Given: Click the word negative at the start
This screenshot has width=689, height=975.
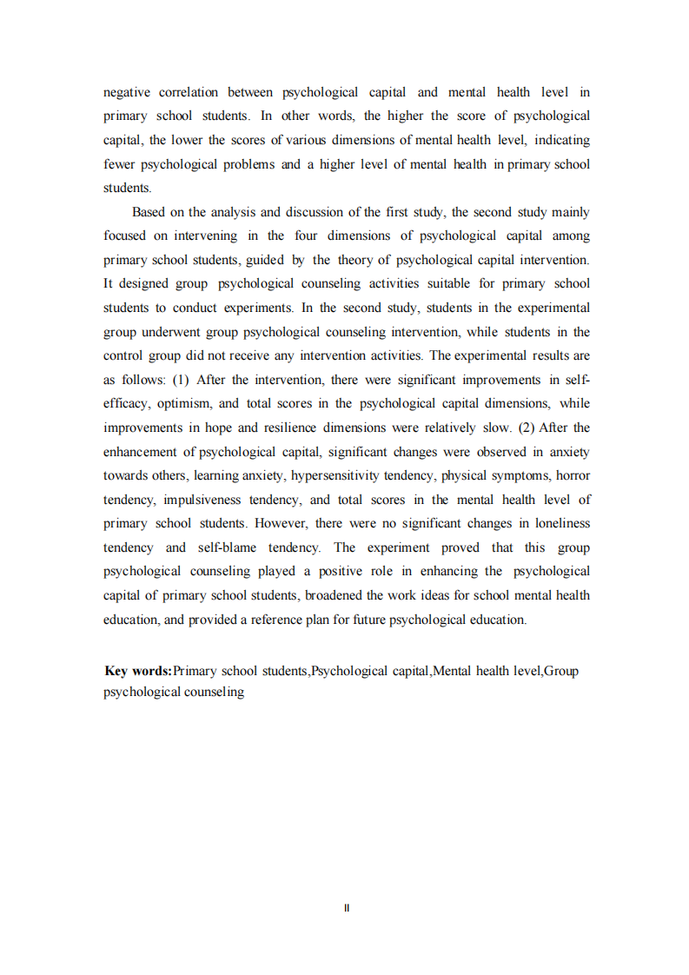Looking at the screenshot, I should click(128, 92).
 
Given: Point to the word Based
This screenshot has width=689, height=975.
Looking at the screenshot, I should click(149, 212).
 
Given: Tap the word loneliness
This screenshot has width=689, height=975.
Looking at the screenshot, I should click(555, 523).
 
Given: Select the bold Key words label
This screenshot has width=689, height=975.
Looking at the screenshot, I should click(138, 671).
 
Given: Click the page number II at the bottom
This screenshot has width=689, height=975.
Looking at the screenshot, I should click(346, 908).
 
